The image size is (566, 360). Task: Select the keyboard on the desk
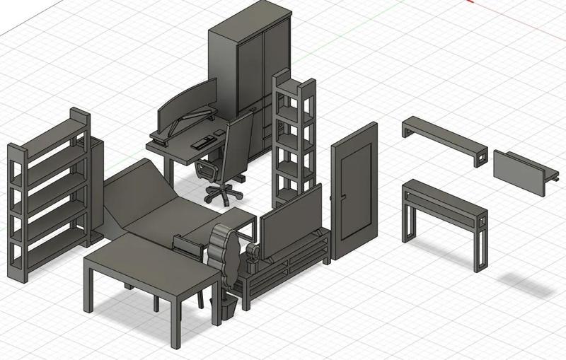click(x=203, y=141)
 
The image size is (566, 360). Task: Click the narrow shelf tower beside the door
click(x=294, y=134)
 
